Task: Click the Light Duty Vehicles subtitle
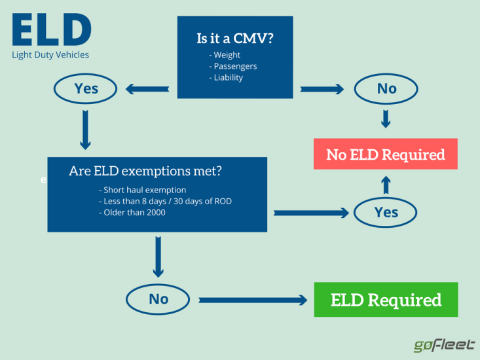(50, 55)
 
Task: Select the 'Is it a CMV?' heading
(235, 38)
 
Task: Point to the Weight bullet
(226, 55)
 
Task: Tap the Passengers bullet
(234, 66)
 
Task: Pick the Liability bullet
(227, 77)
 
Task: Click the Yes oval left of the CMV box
(86, 88)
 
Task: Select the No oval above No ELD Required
(386, 88)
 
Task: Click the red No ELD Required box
(386, 154)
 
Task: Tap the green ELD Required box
(386, 300)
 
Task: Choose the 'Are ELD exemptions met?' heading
(145, 171)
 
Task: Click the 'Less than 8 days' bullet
(165, 201)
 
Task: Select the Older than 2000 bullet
(132, 212)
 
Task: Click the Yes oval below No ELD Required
(386, 212)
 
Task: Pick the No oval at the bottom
(158, 299)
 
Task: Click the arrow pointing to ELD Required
(253, 300)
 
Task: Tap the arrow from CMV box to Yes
(147, 89)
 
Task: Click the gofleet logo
(443, 345)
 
